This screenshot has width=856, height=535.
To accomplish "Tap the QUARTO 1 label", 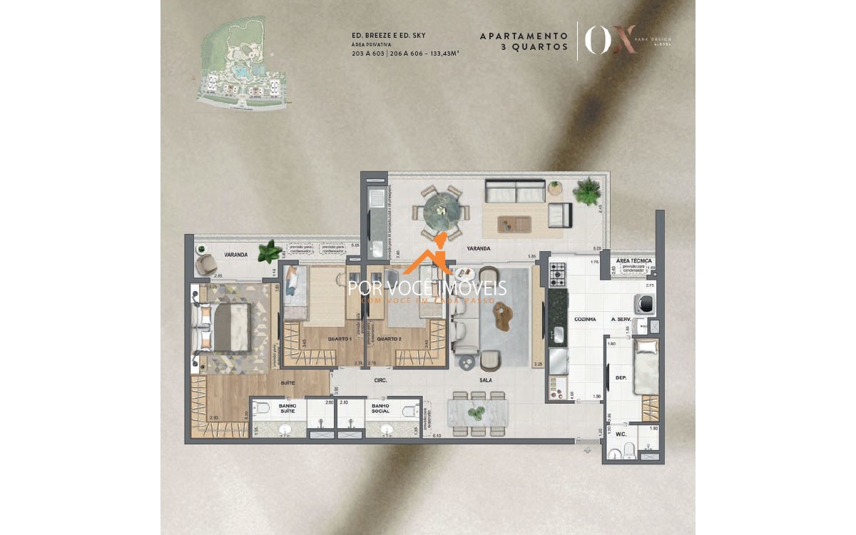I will [x=340, y=339].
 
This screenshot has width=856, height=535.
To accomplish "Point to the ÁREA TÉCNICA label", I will [x=633, y=261].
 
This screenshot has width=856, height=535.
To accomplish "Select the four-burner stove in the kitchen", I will [x=556, y=272].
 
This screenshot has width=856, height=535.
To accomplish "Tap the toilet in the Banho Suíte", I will [x=263, y=410].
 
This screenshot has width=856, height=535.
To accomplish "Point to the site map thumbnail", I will [x=243, y=65].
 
